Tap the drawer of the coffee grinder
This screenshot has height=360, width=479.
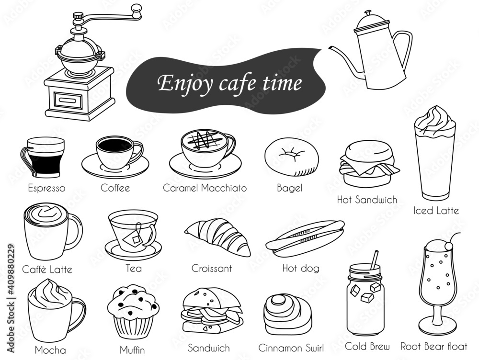68,101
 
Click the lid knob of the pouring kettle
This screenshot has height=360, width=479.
368,13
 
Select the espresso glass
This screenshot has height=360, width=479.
43,157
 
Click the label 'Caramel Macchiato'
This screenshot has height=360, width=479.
205,188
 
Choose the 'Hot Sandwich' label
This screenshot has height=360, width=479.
367,200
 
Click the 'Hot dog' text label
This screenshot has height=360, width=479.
301,268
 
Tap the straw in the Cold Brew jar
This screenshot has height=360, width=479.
374,260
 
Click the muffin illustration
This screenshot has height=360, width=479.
133,312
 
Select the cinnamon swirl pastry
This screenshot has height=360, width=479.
287,315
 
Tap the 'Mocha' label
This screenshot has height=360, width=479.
50,350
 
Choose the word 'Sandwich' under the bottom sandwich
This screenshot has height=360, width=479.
209,348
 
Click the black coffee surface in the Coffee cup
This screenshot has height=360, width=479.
114,144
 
